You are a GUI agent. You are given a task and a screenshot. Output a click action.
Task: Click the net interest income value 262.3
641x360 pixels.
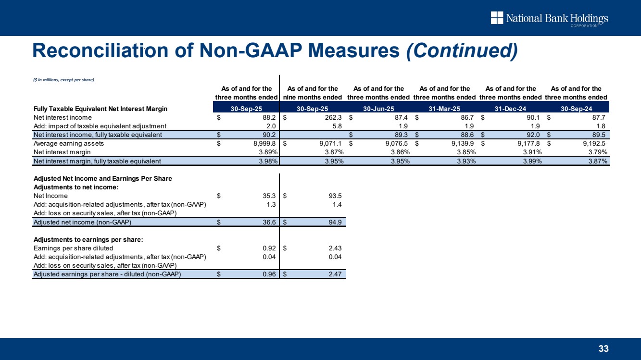[332, 117]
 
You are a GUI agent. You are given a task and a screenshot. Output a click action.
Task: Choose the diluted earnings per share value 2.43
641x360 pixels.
[334, 248]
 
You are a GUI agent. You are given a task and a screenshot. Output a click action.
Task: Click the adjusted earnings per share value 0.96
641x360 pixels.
[267, 274]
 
